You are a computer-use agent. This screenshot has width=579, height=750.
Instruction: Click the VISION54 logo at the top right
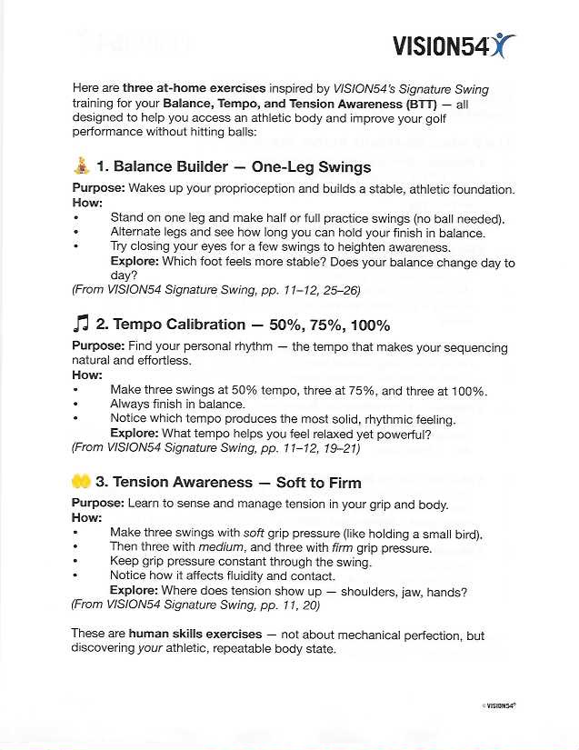[x=454, y=45]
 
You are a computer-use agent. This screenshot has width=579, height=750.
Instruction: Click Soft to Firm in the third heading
[x=318, y=483]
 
